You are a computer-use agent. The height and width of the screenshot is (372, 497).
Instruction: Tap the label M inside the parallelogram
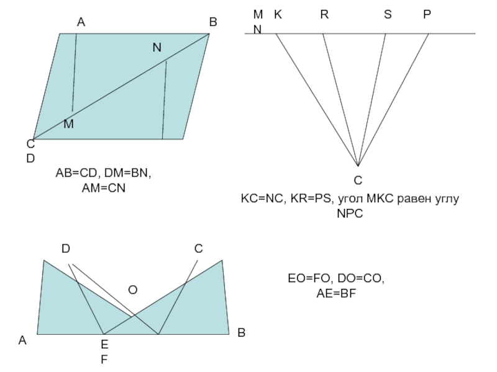(x=68, y=124)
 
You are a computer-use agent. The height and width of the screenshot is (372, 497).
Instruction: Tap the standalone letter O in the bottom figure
(x=133, y=290)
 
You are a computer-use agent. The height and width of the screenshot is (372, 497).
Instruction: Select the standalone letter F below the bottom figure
(x=104, y=359)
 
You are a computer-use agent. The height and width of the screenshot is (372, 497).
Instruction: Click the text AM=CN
(x=104, y=187)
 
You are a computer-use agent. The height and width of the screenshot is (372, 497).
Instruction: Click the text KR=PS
(x=312, y=199)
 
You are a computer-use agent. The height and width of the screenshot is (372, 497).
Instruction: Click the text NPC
(x=349, y=213)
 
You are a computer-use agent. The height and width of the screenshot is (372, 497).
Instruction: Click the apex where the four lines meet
(x=358, y=166)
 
